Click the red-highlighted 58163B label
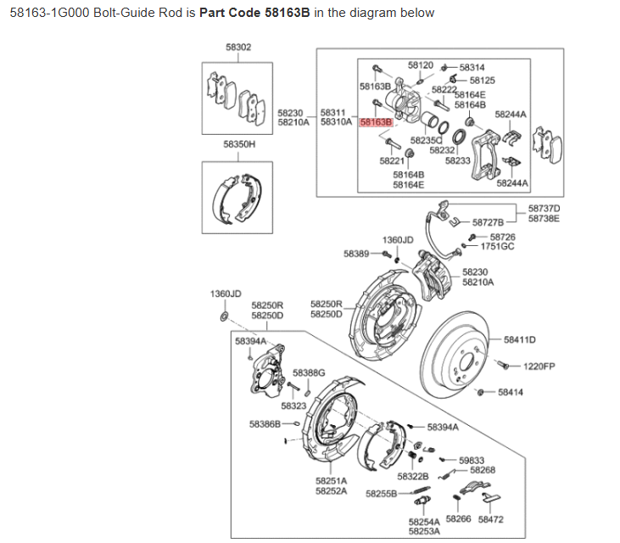(x=376, y=123)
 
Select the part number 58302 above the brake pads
(x=238, y=48)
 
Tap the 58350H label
(x=239, y=144)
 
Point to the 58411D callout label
(x=520, y=339)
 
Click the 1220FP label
(x=539, y=367)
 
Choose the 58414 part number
(x=511, y=393)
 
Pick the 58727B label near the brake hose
(x=488, y=222)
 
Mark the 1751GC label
(x=498, y=247)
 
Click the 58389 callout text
(x=356, y=254)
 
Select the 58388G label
(x=309, y=372)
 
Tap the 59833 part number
(x=472, y=459)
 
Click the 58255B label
(x=381, y=493)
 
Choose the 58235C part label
(x=426, y=140)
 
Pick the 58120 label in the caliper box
(x=420, y=64)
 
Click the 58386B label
(x=265, y=423)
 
